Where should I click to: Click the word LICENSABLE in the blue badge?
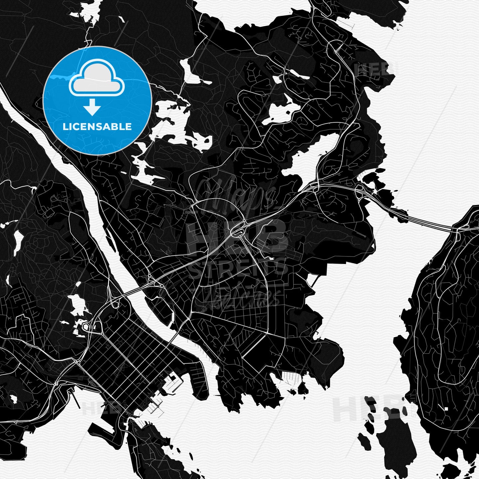(x=97, y=127)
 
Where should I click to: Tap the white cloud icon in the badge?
(x=96, y=79)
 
